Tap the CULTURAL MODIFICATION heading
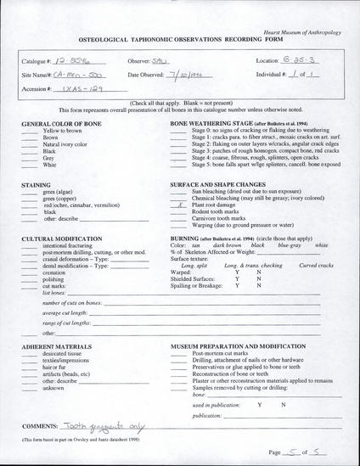pyautogui.click(x=62, y=241)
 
